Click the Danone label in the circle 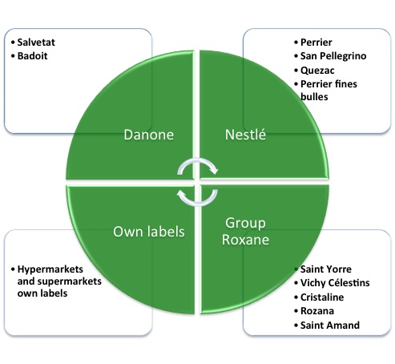pos(149,135)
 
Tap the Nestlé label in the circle pos(245,134)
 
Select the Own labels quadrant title pos(149,232)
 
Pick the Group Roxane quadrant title pos(245,231)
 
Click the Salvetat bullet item pos(36,42)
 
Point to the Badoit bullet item pos(32,56)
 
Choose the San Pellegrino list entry pos(333,56)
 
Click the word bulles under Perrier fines pos(314,96)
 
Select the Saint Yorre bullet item pos(326,269)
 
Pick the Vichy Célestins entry pos(335,283)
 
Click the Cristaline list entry pos(322,297)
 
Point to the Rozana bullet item pos(317,311)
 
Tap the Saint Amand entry pos(330,326)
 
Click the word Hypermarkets pos(50,269)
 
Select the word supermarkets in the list pos(70,281)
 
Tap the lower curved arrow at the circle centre pos(197,204)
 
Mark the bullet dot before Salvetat pos(13,42)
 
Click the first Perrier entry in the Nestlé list pos(316,42)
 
